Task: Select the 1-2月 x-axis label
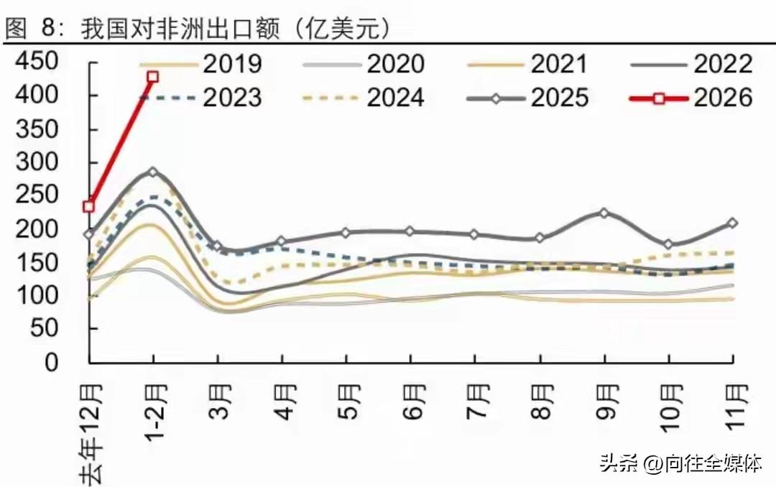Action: pos(154,409)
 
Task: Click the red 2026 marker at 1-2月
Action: pos(152,77)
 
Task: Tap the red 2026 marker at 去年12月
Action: pos(89,206)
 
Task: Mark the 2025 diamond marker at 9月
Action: pos(604,213)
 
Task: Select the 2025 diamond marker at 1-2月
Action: pos(152,172)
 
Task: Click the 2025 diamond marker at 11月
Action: pos(732,223)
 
